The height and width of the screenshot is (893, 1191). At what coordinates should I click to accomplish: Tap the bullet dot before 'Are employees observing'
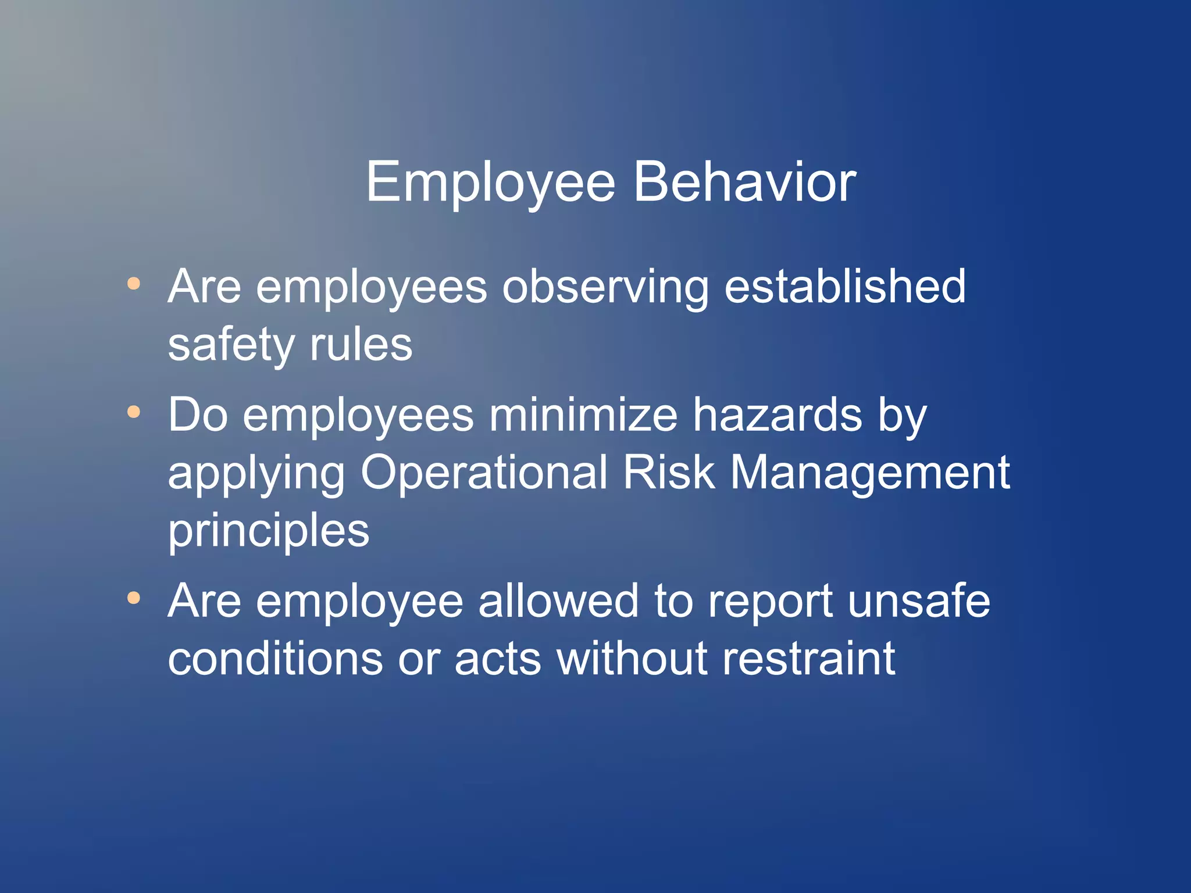click(134, 284)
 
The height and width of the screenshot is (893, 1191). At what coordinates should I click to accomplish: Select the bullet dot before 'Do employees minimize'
click(134, 412)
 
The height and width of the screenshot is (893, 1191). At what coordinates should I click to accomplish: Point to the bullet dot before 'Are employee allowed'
click(134, 598)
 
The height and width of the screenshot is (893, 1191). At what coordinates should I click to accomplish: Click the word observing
click(605, 288)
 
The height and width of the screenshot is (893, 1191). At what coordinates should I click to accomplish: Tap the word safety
click(231, 346)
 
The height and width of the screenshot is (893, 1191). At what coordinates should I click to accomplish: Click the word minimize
click(583, 415)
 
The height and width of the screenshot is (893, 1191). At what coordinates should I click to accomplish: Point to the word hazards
click(778, 415)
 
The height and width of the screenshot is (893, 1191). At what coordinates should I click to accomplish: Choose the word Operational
click(484, 474)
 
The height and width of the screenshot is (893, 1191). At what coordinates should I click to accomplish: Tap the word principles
click(269, 532)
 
